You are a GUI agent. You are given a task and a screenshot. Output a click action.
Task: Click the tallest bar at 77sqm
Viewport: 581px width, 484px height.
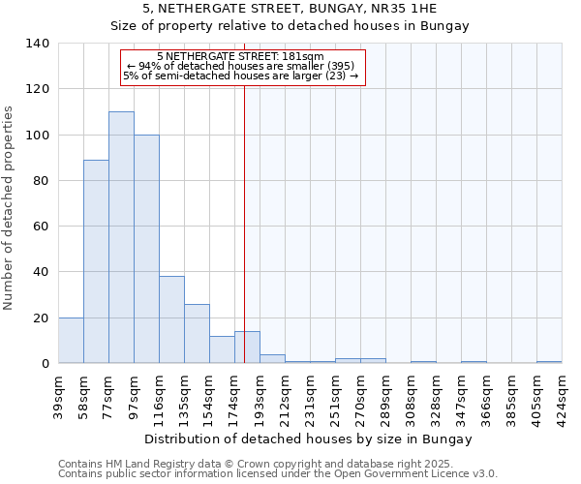point(121,237)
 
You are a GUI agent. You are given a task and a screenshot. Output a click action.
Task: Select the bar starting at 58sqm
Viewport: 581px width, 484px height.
point(96,261)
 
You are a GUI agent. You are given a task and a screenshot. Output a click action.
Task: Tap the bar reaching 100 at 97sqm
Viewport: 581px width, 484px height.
point(146,249)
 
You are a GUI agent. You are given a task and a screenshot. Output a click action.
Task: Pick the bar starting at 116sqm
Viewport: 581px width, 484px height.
point(171,319)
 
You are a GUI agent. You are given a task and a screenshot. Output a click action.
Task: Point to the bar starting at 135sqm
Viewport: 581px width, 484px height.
point(197,334)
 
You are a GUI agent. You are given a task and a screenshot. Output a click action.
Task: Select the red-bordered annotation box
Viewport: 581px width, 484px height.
point(242,68)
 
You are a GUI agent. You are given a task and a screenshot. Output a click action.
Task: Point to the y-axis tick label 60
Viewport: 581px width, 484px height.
point(41,227)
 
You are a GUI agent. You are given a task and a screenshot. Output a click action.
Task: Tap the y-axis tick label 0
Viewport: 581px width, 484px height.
point(45,364)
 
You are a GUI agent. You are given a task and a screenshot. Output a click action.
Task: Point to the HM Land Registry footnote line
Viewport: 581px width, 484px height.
point(276,464)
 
